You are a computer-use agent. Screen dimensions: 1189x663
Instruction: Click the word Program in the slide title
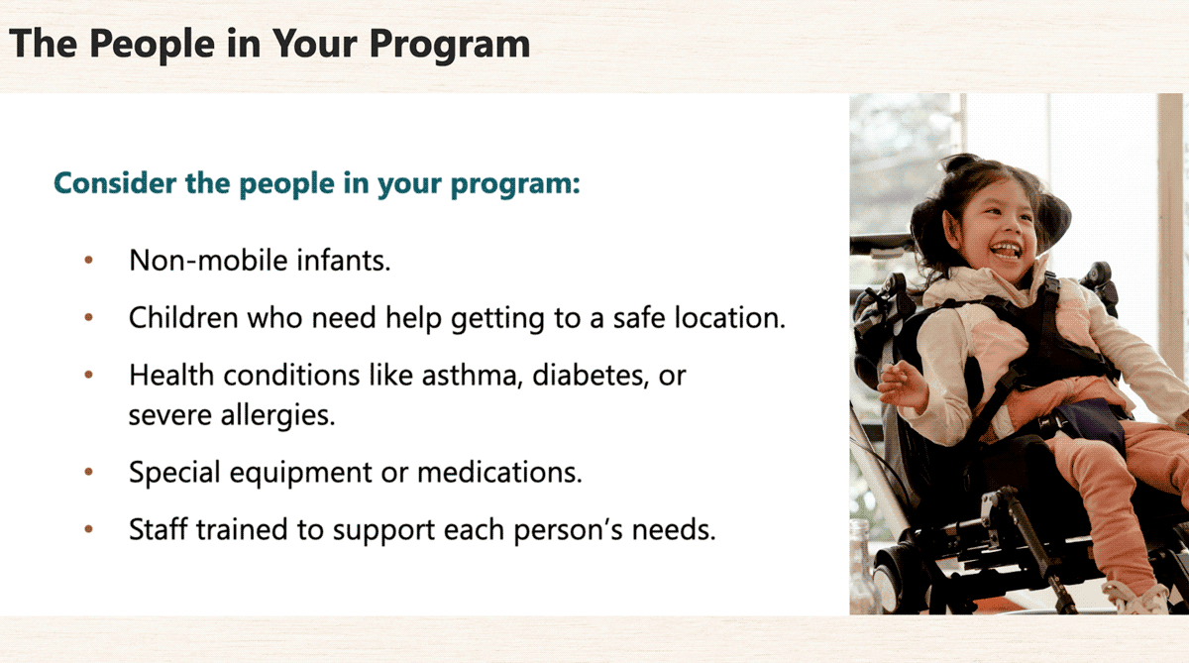tap(450, 45)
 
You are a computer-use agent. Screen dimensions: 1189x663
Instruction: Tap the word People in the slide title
tap(152, 45)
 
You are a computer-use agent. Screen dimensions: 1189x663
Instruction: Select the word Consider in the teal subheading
tap(115, 183)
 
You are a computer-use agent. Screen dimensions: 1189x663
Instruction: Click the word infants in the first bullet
tap(344, 260)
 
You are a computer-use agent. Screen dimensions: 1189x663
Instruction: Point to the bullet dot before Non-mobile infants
tap(88, 260)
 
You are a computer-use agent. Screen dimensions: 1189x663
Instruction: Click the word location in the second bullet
tap(730, 317)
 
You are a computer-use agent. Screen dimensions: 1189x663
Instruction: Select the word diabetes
tap(591, 376)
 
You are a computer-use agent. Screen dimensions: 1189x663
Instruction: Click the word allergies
tap(278, 415)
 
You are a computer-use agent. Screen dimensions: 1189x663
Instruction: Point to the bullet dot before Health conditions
tap(88, 375)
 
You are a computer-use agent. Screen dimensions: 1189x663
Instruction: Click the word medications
tap(500, 473)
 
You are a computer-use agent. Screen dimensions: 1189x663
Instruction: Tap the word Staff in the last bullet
tap(159, 529)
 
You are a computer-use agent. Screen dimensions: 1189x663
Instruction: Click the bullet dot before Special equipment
tap(88, 472)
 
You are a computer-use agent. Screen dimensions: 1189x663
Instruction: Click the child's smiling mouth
tap(1005, 250)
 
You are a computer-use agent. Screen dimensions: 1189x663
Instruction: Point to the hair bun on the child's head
tap(961, 161)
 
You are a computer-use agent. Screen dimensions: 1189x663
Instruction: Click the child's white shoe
tap(1135, 597)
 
